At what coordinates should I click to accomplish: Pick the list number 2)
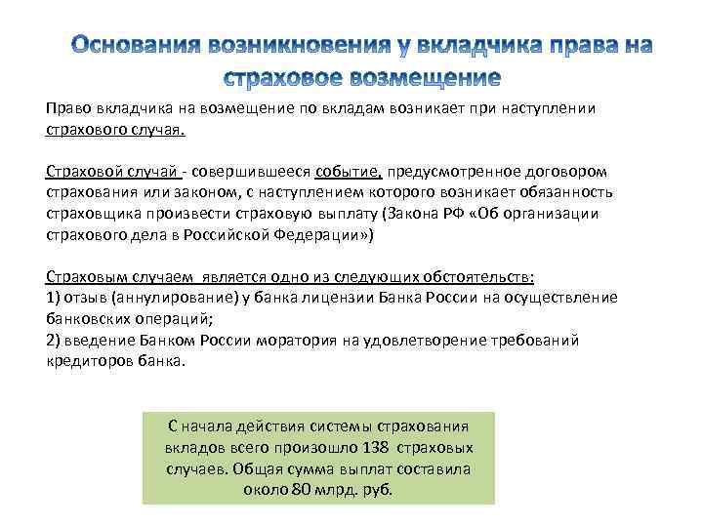pyautogui.click(x=55, y=341)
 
